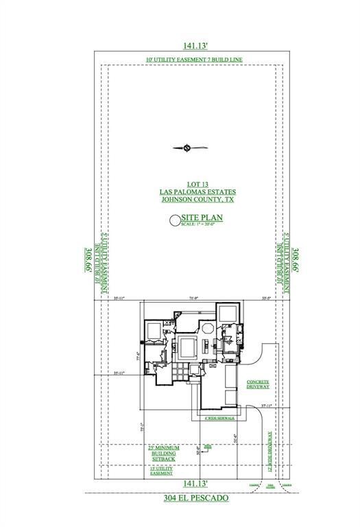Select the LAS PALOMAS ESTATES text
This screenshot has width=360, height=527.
[x=190, y=192]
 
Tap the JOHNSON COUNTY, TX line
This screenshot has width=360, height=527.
[x=190, y=200]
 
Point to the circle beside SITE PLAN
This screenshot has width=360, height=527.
[x=174, y=220]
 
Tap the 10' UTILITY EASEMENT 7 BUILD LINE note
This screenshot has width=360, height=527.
[x=194, y=60]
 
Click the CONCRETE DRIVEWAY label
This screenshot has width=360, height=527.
[x=258, y=384]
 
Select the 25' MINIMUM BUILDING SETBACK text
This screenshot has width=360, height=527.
[x=163, y=454]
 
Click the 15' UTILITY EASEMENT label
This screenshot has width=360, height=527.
[x=163, y=471]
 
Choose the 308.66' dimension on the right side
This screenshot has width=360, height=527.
[x=297, y=262]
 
